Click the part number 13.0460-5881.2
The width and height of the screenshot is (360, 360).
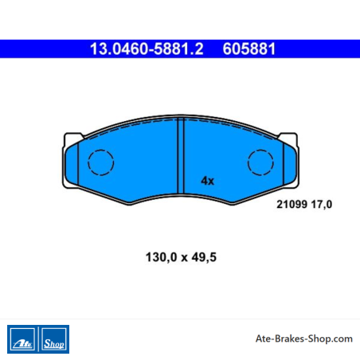[147, 49]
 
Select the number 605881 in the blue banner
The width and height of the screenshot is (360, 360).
[249, 49]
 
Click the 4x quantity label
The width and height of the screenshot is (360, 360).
[207, 181]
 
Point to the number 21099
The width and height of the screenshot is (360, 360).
[292, 205]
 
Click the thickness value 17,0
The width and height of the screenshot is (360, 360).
[322, 205]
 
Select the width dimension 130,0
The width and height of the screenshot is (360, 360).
[161, 257]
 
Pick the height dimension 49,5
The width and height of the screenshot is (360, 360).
[204, 257]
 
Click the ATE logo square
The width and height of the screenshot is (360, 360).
[22, 339]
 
